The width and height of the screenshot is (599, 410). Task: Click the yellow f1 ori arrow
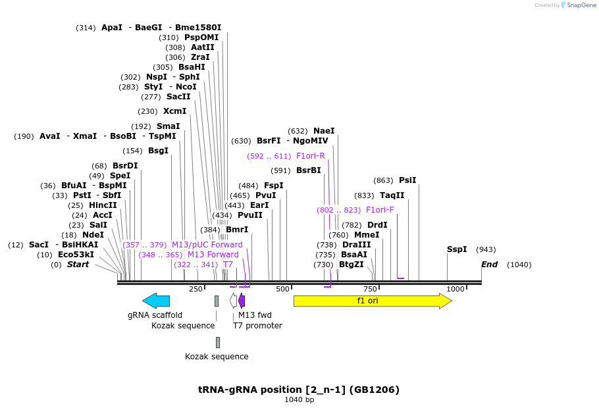tap(372, 301)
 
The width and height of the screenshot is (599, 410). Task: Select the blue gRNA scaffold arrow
tap(156, 301)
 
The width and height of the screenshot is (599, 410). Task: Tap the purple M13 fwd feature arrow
tap(242, 301)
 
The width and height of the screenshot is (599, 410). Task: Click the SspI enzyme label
tap(457, 249)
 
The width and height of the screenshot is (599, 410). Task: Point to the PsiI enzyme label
tap(407, 180)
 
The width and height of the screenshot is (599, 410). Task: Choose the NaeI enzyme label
tap(324, 131)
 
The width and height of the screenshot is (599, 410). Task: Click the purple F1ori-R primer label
tap(311, 156)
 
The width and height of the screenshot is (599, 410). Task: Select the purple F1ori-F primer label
tap(380, 210)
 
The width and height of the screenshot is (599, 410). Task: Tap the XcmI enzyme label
tap(174, 111)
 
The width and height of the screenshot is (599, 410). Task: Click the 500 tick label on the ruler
tap(283, 289)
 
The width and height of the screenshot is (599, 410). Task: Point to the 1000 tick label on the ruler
tap(456, 289)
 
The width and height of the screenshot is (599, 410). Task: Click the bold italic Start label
tap(78, 265)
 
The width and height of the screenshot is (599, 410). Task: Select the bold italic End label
tap(489, 265)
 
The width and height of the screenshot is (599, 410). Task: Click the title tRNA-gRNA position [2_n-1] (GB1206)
tap(299, 389)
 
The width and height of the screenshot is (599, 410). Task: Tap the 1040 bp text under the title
tap(299, 399)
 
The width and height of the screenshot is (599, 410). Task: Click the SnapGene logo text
tap(581, 5)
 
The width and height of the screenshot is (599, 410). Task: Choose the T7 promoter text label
tap(257, 326)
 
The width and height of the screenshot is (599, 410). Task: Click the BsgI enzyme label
tap(158, 151)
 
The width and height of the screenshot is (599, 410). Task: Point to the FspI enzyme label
tap(274, 186)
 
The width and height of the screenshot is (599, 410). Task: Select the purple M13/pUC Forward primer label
tap(207, 245)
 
